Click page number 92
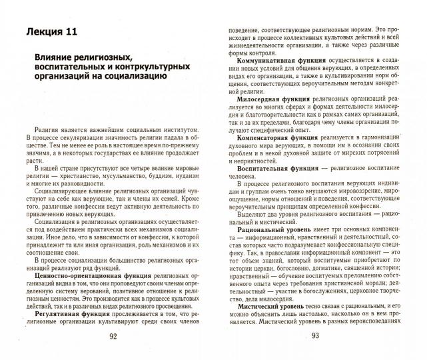(113, 337)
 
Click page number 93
(315, 336)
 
